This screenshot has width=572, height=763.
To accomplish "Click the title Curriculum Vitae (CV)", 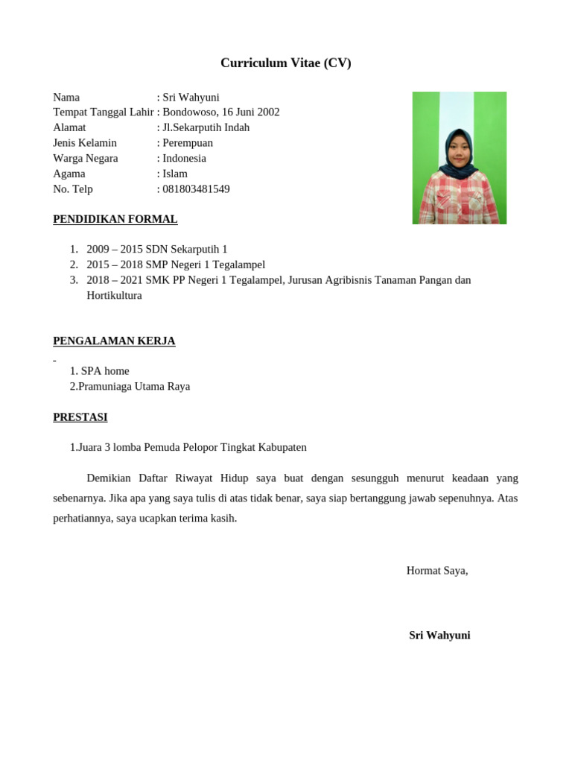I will pos(285,63).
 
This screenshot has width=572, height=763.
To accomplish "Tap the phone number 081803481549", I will pos(196,189).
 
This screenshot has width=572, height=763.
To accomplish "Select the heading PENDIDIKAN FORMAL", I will pos(115,219).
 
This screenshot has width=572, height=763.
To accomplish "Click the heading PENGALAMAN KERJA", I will pos(114,341).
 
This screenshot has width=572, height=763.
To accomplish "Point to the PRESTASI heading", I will pos(80,417).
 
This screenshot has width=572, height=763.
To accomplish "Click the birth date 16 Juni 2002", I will pos(251,113).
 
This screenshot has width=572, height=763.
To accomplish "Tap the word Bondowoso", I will pos(189,113).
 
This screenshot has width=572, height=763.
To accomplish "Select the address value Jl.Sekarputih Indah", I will pos(206,127).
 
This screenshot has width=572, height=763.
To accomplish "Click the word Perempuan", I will pos(188,143).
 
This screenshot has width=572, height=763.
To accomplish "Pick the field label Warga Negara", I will pos(85,159).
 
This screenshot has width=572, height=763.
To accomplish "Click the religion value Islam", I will pos(175,174).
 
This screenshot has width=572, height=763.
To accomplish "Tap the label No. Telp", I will pos(73,189).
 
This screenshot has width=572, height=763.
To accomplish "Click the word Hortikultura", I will pos(114,295).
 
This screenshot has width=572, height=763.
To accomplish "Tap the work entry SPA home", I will pos(104,371).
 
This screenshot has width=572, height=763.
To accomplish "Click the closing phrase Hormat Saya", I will pos(436,571).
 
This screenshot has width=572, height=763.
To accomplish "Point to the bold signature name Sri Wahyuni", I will pos(439,636).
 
